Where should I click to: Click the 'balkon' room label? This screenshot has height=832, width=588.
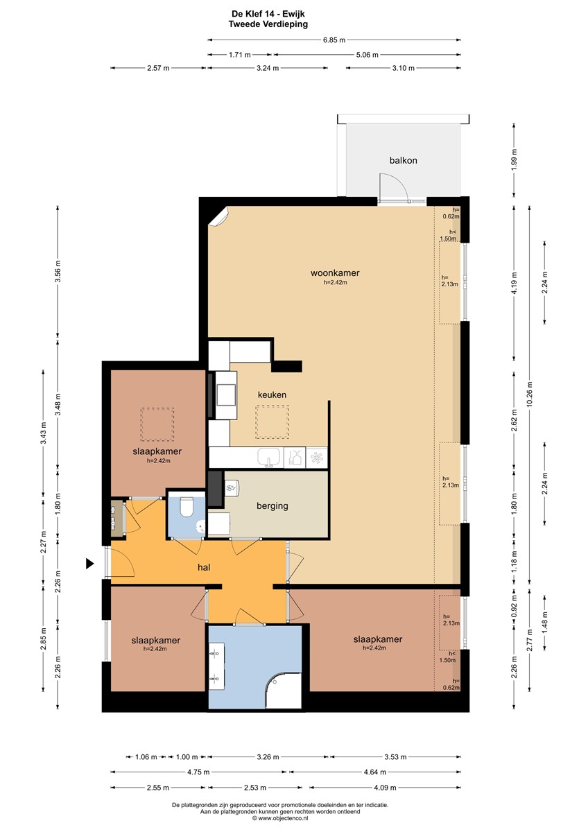(403, 160)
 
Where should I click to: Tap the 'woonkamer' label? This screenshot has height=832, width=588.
(335, 272)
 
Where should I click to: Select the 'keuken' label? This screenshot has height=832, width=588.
(272, 395)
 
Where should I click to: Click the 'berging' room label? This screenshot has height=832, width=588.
(272, 506)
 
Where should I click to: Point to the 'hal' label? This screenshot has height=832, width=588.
(204, 567)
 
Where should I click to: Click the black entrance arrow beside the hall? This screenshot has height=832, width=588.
(89, 564)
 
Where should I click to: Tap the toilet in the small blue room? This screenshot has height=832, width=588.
(187, 510)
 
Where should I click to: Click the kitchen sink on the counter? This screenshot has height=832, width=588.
(268, 457)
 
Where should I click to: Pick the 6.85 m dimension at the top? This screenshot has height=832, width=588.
(334, 40)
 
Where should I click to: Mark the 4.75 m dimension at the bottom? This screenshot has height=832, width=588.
(200, 771)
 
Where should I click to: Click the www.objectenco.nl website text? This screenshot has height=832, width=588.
(284, 818)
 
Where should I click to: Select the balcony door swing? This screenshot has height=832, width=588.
(392, 187)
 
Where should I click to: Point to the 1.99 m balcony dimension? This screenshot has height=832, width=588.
(514, 160)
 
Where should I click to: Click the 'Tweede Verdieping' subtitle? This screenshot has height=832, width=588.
(268, 24)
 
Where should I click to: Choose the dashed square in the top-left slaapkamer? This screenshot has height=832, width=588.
(157, 424)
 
